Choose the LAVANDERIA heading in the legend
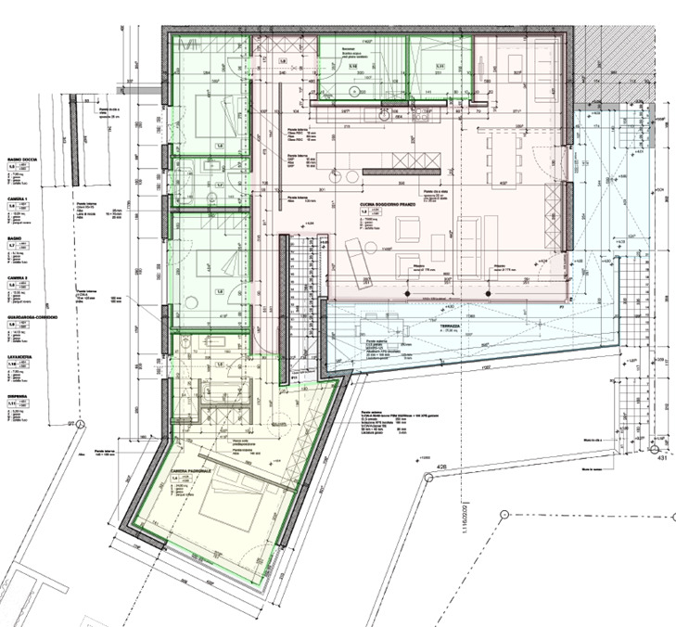pyautogui.click(x=21, y=356)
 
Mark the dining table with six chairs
pyautogui.click(x=505, y=149)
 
